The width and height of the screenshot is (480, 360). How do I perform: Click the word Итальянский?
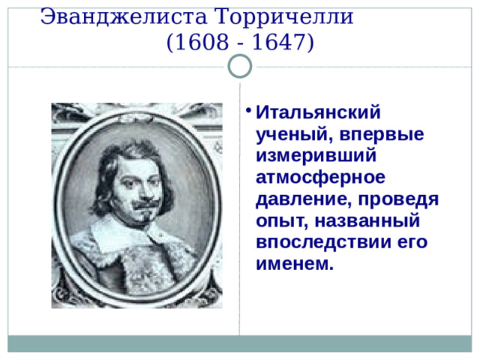pos(319,113)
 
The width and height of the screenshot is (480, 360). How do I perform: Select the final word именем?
pos(294,265)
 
